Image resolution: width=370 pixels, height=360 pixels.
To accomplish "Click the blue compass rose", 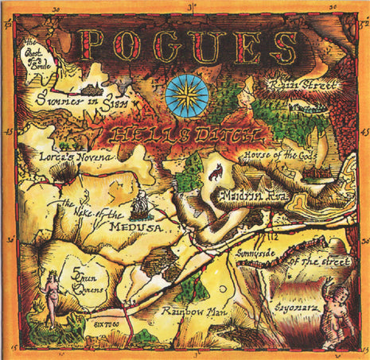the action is (x=189, y=96).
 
